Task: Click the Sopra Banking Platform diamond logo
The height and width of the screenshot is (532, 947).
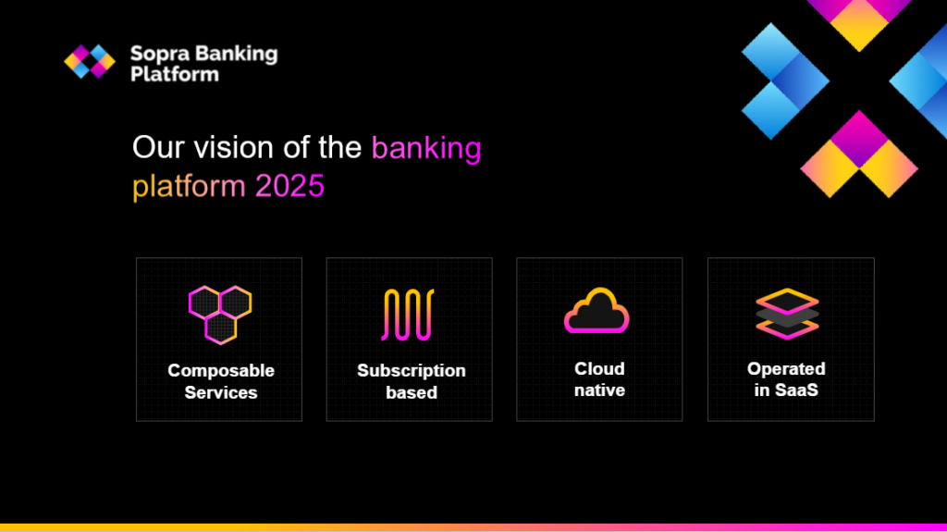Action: [x=90, y=61]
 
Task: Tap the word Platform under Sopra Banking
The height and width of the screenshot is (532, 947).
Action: [x=175, y=74]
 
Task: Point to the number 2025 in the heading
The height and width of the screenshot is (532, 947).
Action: [x=289, y=186]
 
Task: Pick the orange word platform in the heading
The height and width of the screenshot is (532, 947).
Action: [x=189, y=187]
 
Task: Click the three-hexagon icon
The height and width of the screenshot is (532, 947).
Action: [x=220, y=315]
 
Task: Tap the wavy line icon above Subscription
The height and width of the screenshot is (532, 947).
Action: [x=408, y=315]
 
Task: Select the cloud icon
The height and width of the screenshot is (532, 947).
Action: [x=596, y=311]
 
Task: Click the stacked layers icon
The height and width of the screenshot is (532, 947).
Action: [x=787, y=314]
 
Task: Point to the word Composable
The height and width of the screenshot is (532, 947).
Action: [x=221, y=371]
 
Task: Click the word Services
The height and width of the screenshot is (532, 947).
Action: [x=221, y=393]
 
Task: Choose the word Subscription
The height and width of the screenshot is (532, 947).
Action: [x=412, y=371]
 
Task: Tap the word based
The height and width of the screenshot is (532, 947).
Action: [x=412, y=393]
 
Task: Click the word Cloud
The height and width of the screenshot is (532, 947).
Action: [x=599, y=369]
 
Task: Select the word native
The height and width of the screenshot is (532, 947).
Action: [x=599, y=390]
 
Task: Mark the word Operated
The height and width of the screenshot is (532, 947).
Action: [x=786, y=369]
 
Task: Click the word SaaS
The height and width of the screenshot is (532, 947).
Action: [x=795, y=390]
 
